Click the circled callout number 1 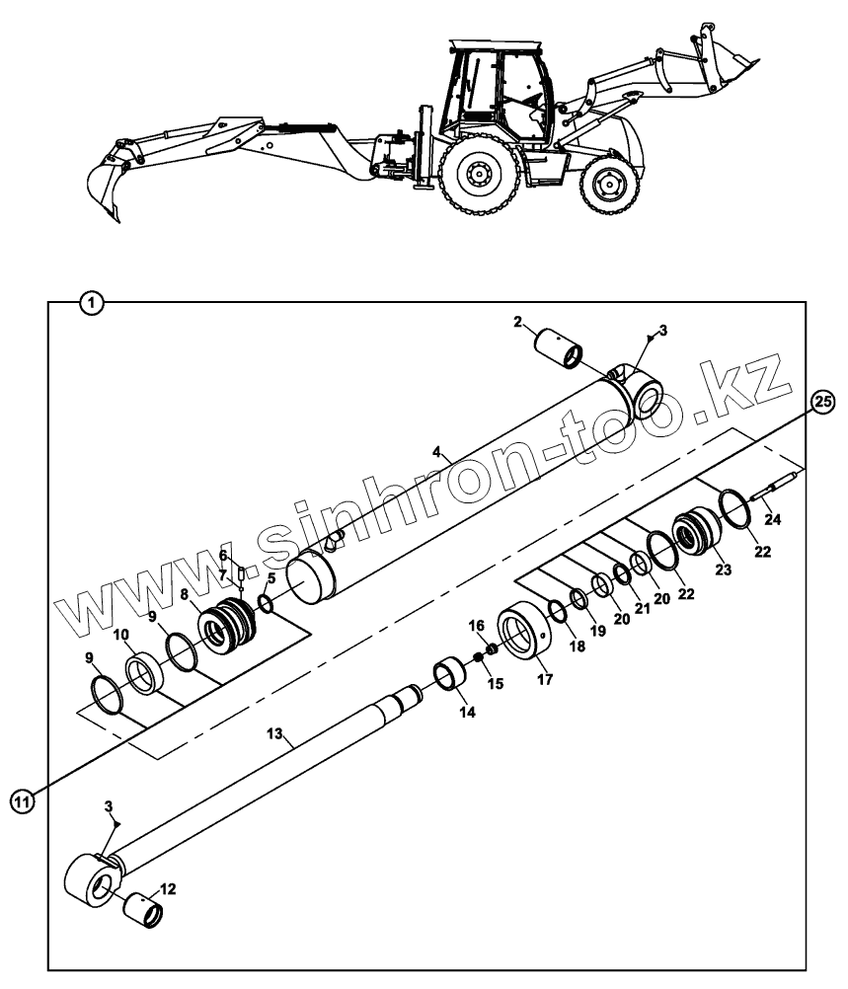click(91, 303)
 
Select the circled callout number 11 click(22, 801)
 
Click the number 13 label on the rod click(275, 733)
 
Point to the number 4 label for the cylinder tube click(435, 454)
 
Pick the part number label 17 click(544, 680)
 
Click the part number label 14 click(466, 711)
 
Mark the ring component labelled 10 click(147, 675)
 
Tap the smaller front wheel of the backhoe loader click(607, 184)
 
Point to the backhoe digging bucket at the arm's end click(106, 188)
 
